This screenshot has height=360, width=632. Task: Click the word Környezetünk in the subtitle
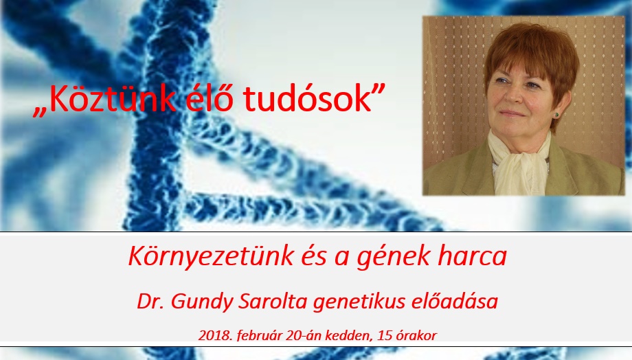tap(211, 256)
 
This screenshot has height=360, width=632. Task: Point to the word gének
tap(393, 256)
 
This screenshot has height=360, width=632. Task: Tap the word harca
tap(472, 256)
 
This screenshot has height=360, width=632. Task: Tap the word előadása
tap(455, 301)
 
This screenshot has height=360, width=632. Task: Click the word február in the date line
tap(259, 335)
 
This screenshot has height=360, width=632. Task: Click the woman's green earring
tap(556, 115)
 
